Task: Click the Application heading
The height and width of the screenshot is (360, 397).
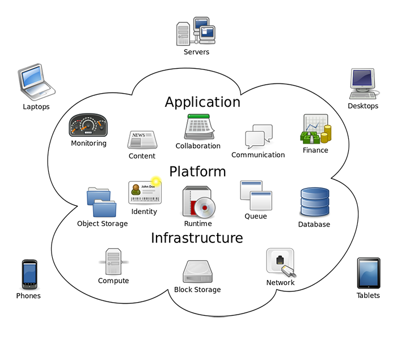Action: [202, 102]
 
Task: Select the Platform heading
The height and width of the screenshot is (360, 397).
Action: [197, 171]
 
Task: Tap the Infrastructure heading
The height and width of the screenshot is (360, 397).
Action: [197, 238]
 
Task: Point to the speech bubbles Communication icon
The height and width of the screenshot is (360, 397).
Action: [258, 137]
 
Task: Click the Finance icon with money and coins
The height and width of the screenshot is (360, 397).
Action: [316, 130]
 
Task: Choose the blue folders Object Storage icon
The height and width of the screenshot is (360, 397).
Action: [102, 202]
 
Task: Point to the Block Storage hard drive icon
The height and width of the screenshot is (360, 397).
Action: [197, 271]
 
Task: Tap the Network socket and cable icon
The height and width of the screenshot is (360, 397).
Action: [281, 263]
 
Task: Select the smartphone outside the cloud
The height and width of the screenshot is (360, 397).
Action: [29, 275]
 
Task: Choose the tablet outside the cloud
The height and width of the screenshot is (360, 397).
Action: [368, 273]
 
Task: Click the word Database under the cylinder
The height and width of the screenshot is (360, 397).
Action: [314, 224]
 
